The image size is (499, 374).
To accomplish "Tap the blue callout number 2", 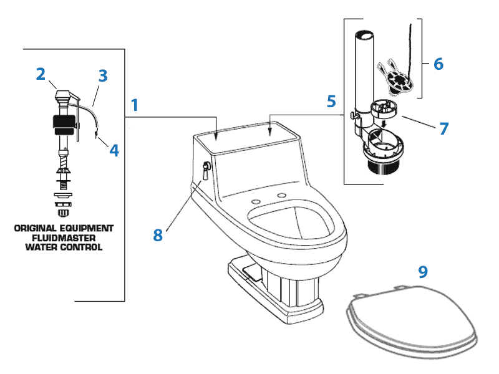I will (x=41, y=74).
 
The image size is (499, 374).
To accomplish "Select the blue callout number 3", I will (x=103, y=76).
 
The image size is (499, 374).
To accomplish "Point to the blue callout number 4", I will (x=114, y=150).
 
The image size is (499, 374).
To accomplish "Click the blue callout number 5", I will (x=331, y=100).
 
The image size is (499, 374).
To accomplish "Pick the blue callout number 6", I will (x=438, y=64).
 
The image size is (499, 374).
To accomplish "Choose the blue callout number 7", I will (x=443, y=128).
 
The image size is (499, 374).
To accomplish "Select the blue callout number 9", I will (x=423, y=271).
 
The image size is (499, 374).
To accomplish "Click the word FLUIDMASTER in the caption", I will (x=64, y=237).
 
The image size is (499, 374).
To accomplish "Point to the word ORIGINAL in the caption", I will (x=35, y=228).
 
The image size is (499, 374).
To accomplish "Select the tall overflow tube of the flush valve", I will (x=362, y=69).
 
